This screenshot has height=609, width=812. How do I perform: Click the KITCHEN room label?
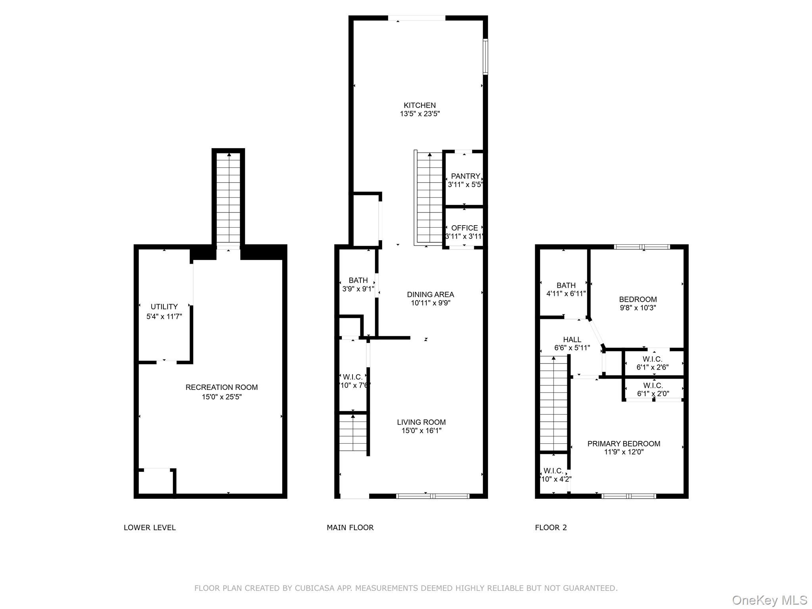(419, 105)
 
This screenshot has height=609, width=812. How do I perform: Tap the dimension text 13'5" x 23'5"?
(419, 114)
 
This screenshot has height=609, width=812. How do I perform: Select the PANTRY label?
(465, 176)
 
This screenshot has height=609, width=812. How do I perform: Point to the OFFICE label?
(464, 228)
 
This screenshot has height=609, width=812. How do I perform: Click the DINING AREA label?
(430, 295)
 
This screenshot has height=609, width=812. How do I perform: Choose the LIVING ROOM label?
(421, 422)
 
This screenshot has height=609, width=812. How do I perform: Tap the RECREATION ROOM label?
(222, 387)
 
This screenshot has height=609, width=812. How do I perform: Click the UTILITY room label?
(164, 307)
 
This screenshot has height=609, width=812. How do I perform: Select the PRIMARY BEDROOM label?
(624, 444)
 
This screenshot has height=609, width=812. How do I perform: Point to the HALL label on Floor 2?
(572, 340)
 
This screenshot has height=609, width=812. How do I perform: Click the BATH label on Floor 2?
(566, 285)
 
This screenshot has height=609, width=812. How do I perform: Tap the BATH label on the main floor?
(358, 280)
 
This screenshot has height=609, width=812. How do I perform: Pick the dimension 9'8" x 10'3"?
(638, 308)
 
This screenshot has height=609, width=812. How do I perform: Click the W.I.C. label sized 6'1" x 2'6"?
(653, 359)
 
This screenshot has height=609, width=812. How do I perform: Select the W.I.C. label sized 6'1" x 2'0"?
(653, 385)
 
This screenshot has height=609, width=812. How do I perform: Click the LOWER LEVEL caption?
(149, 528)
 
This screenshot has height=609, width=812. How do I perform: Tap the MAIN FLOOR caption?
(350, 528)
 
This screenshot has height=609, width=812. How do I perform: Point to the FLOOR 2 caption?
(551, 528)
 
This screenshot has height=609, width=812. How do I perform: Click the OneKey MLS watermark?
(769, 600)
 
